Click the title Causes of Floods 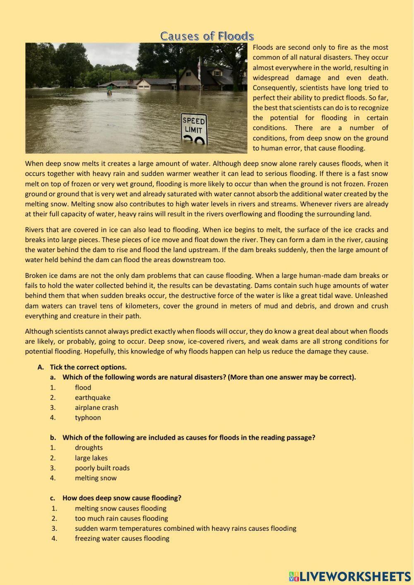click(x=207, y=36)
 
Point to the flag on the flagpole click(x=199, y=69)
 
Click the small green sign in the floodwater click(x=110, y=88)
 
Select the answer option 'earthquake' click(x=92, y=397)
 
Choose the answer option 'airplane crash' click(x=96, y=407)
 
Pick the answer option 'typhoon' click(x=88, y=417)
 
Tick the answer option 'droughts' click(x=89, y=448)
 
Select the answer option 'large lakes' click(x=91, y=458)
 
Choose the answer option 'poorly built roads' click(x=102, y=468)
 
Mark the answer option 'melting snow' click(x=96, y=478)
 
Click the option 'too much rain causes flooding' click(x=121, y=518)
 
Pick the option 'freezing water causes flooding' click(x=122, y=538)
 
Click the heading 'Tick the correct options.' click(x=88, y=367)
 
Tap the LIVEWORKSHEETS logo click(x=350, y=576)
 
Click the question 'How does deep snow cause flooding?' click(x=122, y=498)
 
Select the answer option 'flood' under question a click(x=83, y=388)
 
